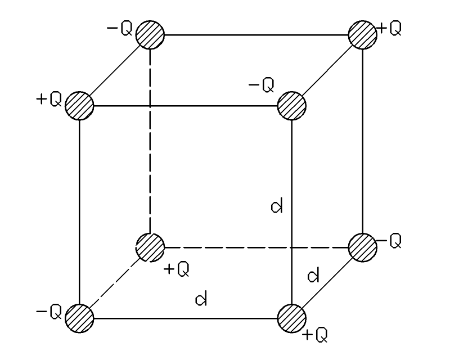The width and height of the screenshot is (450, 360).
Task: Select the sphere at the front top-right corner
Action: tap(291, 104)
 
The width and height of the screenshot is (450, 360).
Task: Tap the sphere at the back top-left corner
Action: tap(150, 33)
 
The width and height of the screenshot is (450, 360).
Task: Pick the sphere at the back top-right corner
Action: tap(362, 33)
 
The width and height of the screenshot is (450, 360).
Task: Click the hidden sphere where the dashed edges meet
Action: tap(150, 246)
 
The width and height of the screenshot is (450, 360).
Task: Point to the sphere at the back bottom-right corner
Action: tap(362, 246)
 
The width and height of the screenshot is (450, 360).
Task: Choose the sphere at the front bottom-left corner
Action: tap(79, 318)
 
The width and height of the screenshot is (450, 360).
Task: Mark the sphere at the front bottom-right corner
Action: tap(291, 318)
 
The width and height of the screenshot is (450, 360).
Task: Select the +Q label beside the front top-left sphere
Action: tap(47, 101)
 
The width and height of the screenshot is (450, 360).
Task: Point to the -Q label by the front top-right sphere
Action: tap(261, 86)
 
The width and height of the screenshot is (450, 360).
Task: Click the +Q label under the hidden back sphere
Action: tap(176, 269)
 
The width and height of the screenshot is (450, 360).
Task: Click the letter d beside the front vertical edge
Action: tap(276, 207)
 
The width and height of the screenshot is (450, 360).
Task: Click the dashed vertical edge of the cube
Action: tap(150, 140)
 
